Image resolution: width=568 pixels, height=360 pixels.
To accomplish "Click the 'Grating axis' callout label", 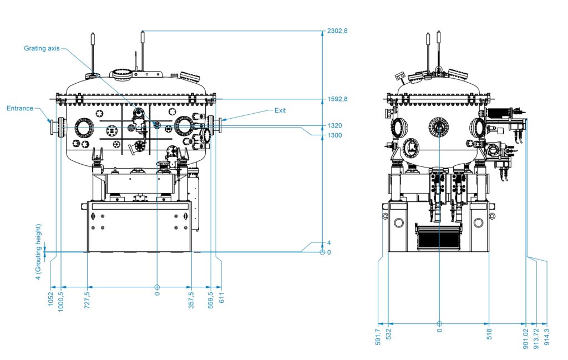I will [x=42, y=48].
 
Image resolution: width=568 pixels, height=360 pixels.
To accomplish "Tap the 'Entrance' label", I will [x=20, y=108].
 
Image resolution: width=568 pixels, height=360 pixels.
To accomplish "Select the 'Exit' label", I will [x=280, y=110].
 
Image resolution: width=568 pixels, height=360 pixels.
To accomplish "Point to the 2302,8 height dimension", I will [x=337, y=31].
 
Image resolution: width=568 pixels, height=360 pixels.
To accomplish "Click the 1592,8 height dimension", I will [x=337, y=100].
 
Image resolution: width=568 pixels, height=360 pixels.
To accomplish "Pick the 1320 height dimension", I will [x=334, y=125].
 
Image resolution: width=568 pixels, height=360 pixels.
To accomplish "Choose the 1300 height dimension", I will [x=334, y=135].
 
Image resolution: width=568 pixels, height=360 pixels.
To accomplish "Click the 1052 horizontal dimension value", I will [x=50, y=299].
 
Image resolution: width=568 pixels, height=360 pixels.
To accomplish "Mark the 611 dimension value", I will [x=222, y=297].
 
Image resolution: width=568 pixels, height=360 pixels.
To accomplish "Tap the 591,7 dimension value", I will [x=378, y=337].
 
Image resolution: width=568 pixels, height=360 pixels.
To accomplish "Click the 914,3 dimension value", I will [x=547, y=337].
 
